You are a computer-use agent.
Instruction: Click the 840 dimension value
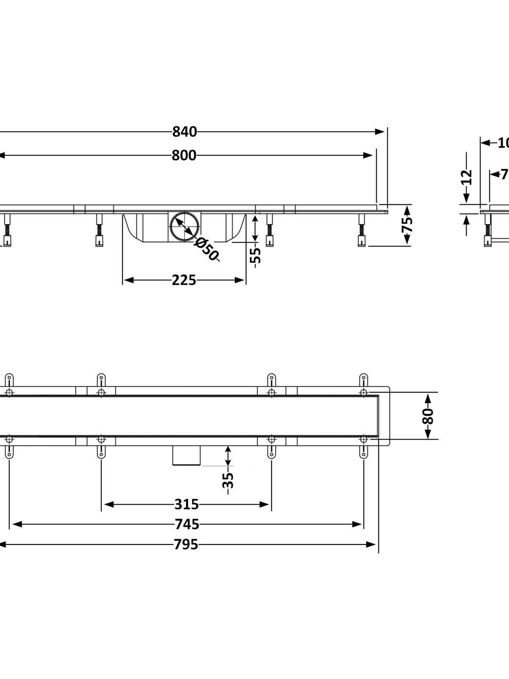point(185,132)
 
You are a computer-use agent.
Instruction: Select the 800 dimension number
point(184,156)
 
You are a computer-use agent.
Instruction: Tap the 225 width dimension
point(184,280)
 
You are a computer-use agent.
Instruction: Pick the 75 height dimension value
point(407,224)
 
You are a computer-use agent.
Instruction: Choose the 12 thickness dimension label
point(467,177)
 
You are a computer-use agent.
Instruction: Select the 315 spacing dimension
point(187,504)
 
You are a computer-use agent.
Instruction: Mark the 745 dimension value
point(187,525)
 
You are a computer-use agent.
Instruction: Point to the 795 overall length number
point(186,544)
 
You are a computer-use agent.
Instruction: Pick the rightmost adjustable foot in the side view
point(362,231)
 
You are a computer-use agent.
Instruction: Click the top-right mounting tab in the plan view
point(364,379)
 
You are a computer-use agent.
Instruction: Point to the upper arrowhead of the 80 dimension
point(428,398)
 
